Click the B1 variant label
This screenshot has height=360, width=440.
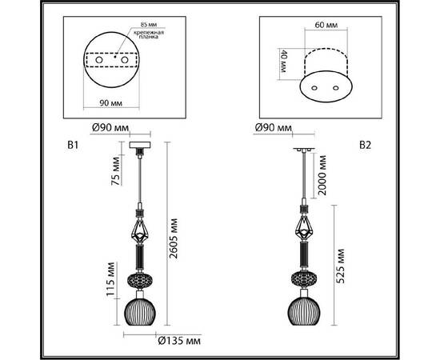(74, 146)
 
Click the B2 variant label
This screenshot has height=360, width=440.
(365, 146)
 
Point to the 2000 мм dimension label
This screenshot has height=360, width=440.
(321, 190)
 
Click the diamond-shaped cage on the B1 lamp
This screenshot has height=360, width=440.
(141, 230)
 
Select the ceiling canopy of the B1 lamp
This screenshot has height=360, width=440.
(141, 146)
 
